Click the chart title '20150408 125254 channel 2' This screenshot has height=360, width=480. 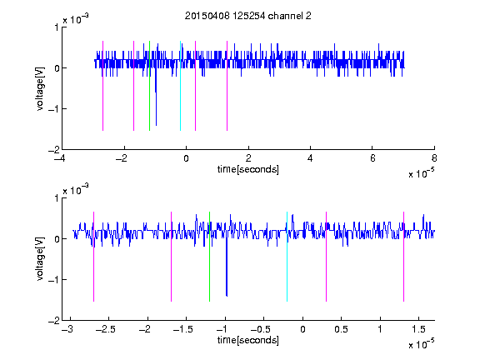click(x=248, y=16)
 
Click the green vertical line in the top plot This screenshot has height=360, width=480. click(x=149, y=86)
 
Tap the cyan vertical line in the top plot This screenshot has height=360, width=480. click(x=180, y=86)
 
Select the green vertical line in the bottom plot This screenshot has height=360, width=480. click(x=210, y=257)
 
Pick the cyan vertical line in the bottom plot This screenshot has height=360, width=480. click(x=287, y=257)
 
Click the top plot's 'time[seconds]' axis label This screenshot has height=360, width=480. click(x=248, y=169)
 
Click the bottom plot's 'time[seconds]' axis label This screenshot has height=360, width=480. click(x=248, y=340)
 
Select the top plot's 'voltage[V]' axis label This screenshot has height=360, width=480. click(x=40, y=89)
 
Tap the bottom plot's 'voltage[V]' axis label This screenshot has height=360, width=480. click(x=40, y=259)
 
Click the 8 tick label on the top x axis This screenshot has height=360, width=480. click(x=434, y=158)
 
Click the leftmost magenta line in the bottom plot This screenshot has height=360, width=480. click(x=93, y=257)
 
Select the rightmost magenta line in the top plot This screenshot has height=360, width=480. click(x=227, y=86)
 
